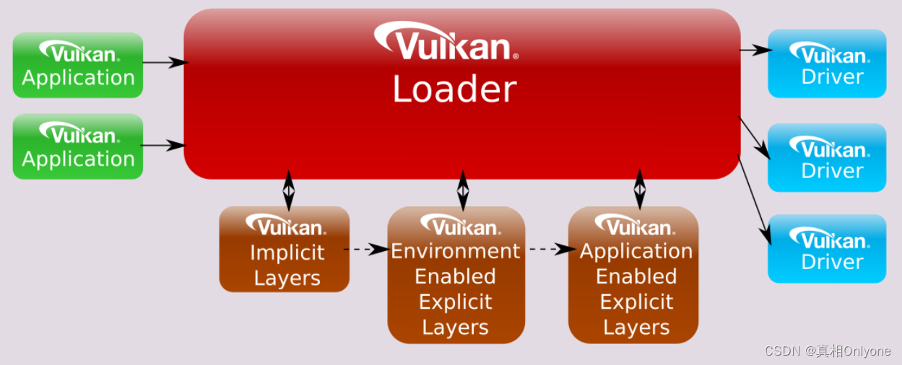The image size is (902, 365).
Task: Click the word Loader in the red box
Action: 454,89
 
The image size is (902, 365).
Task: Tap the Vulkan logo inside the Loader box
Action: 446,42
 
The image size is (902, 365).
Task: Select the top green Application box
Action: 78,65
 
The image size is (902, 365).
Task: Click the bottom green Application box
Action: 78,146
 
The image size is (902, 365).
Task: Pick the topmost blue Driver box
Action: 826,63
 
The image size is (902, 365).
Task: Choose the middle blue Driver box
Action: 826,157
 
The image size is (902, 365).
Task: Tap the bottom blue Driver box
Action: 826,248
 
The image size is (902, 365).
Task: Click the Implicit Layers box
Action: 284,250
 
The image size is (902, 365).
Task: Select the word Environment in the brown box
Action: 455,251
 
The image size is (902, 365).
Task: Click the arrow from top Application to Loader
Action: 164,63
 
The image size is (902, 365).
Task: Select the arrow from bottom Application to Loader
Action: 164,145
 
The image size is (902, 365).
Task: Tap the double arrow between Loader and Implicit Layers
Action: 289,190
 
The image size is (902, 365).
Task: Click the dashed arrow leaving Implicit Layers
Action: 368,250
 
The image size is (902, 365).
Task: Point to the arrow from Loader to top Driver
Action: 755,50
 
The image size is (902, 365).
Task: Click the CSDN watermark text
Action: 827,351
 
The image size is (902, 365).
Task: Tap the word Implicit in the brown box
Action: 287,252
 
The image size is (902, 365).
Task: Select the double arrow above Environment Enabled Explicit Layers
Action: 463,190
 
